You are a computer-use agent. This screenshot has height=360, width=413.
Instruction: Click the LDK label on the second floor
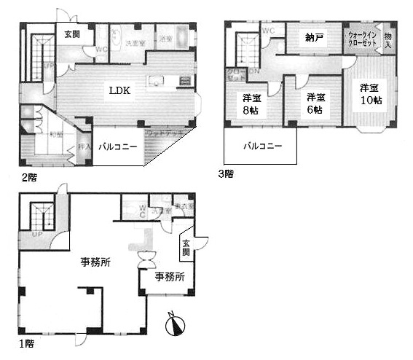(119, 90)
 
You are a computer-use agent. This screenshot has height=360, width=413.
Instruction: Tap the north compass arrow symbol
(175, 324)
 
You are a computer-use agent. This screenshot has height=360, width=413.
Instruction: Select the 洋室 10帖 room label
(370, 94)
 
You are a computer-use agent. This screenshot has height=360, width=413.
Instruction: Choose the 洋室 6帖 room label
(315, 103)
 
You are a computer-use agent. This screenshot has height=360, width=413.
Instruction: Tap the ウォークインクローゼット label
(363, 38)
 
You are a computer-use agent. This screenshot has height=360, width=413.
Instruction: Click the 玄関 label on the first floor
(186, 248)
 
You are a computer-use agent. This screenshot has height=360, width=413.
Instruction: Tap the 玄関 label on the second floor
(72, 34)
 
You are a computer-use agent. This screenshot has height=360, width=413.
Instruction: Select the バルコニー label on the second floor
(118, 146)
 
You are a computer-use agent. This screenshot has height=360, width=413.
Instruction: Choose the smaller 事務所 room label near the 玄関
(169, 277)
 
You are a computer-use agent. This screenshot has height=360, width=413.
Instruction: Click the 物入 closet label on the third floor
(389, 40)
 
